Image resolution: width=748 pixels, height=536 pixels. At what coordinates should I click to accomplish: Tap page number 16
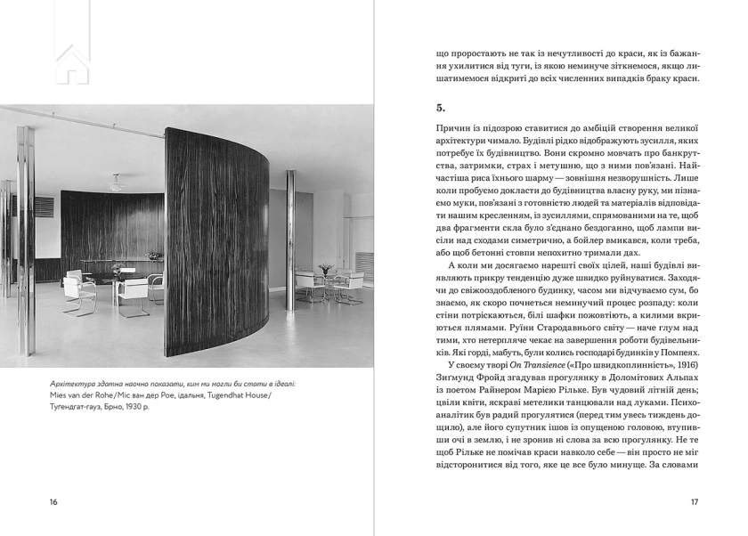pyautogui.click(x=53, y=502)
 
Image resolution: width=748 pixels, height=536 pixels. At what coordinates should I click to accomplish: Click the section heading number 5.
pyautogui.click(x=440, y=108)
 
